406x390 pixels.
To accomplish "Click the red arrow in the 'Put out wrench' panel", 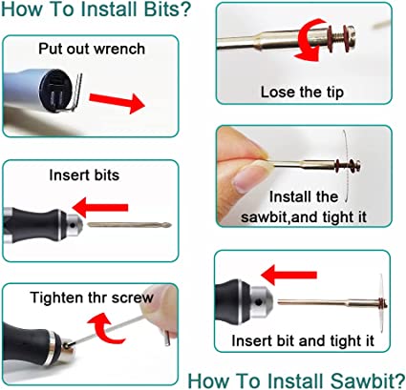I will pyautogui.click(x=120, y=100).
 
